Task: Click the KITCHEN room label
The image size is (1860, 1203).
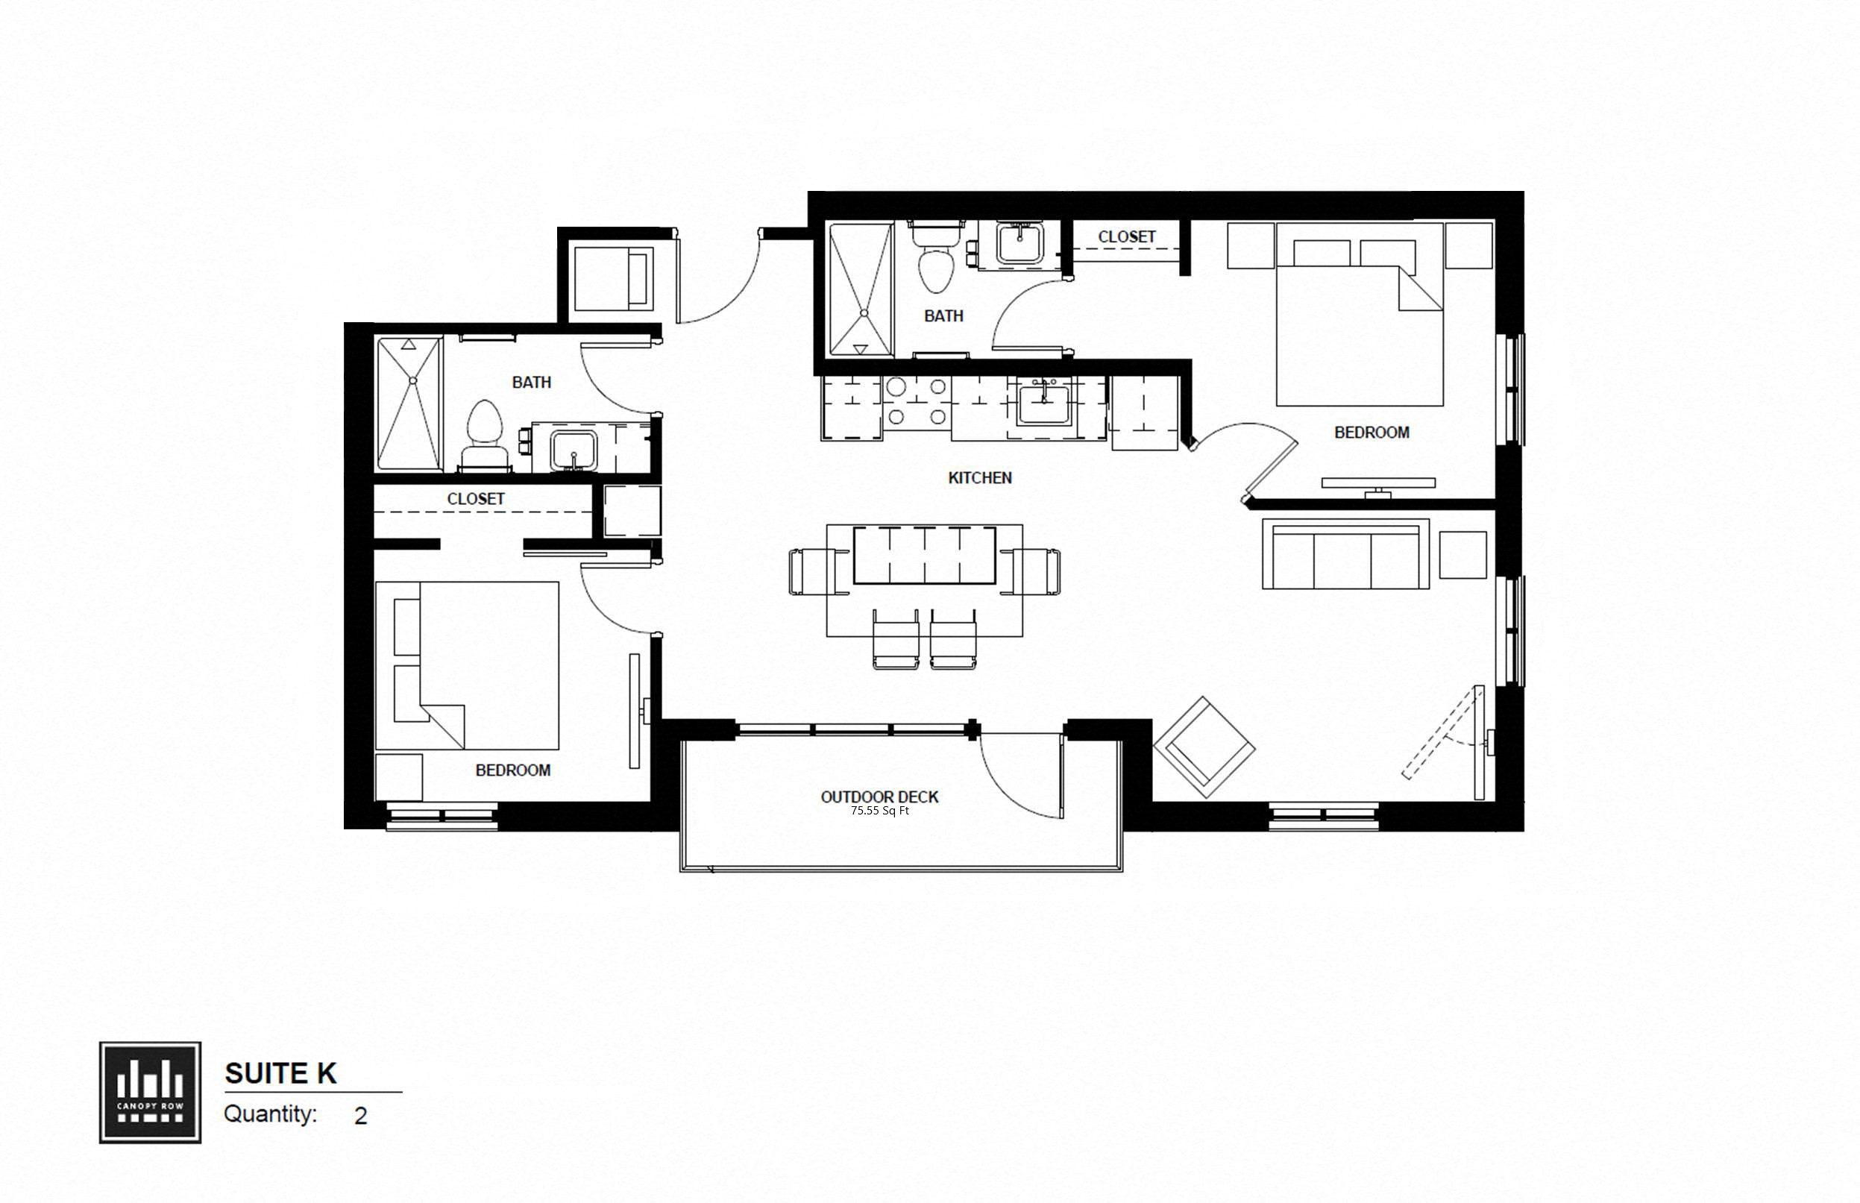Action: [980, 477]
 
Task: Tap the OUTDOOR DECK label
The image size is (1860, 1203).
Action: [879, 797]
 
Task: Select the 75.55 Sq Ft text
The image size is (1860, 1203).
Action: [879, 811]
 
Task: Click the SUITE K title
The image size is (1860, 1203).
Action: [280, 1073]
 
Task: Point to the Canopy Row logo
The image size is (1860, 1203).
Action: [150, 1092]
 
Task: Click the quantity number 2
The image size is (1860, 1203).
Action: [360, 1116]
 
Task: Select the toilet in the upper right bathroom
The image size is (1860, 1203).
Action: [936, 262]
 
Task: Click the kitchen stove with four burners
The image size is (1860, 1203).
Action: [917, 402]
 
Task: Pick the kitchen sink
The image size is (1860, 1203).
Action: [1043, 404]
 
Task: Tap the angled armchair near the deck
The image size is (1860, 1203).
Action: [1204, 747]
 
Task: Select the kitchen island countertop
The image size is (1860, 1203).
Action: [924, 556]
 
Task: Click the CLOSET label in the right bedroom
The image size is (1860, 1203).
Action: [1126, 236]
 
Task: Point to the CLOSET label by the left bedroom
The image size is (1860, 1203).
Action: [476, 498]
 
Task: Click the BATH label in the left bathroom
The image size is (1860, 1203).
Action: [531, 382]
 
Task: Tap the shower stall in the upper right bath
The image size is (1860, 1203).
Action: [860, 290]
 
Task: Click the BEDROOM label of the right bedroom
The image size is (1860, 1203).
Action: [1371, 432]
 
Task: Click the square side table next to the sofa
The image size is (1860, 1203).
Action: [1462, 555]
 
